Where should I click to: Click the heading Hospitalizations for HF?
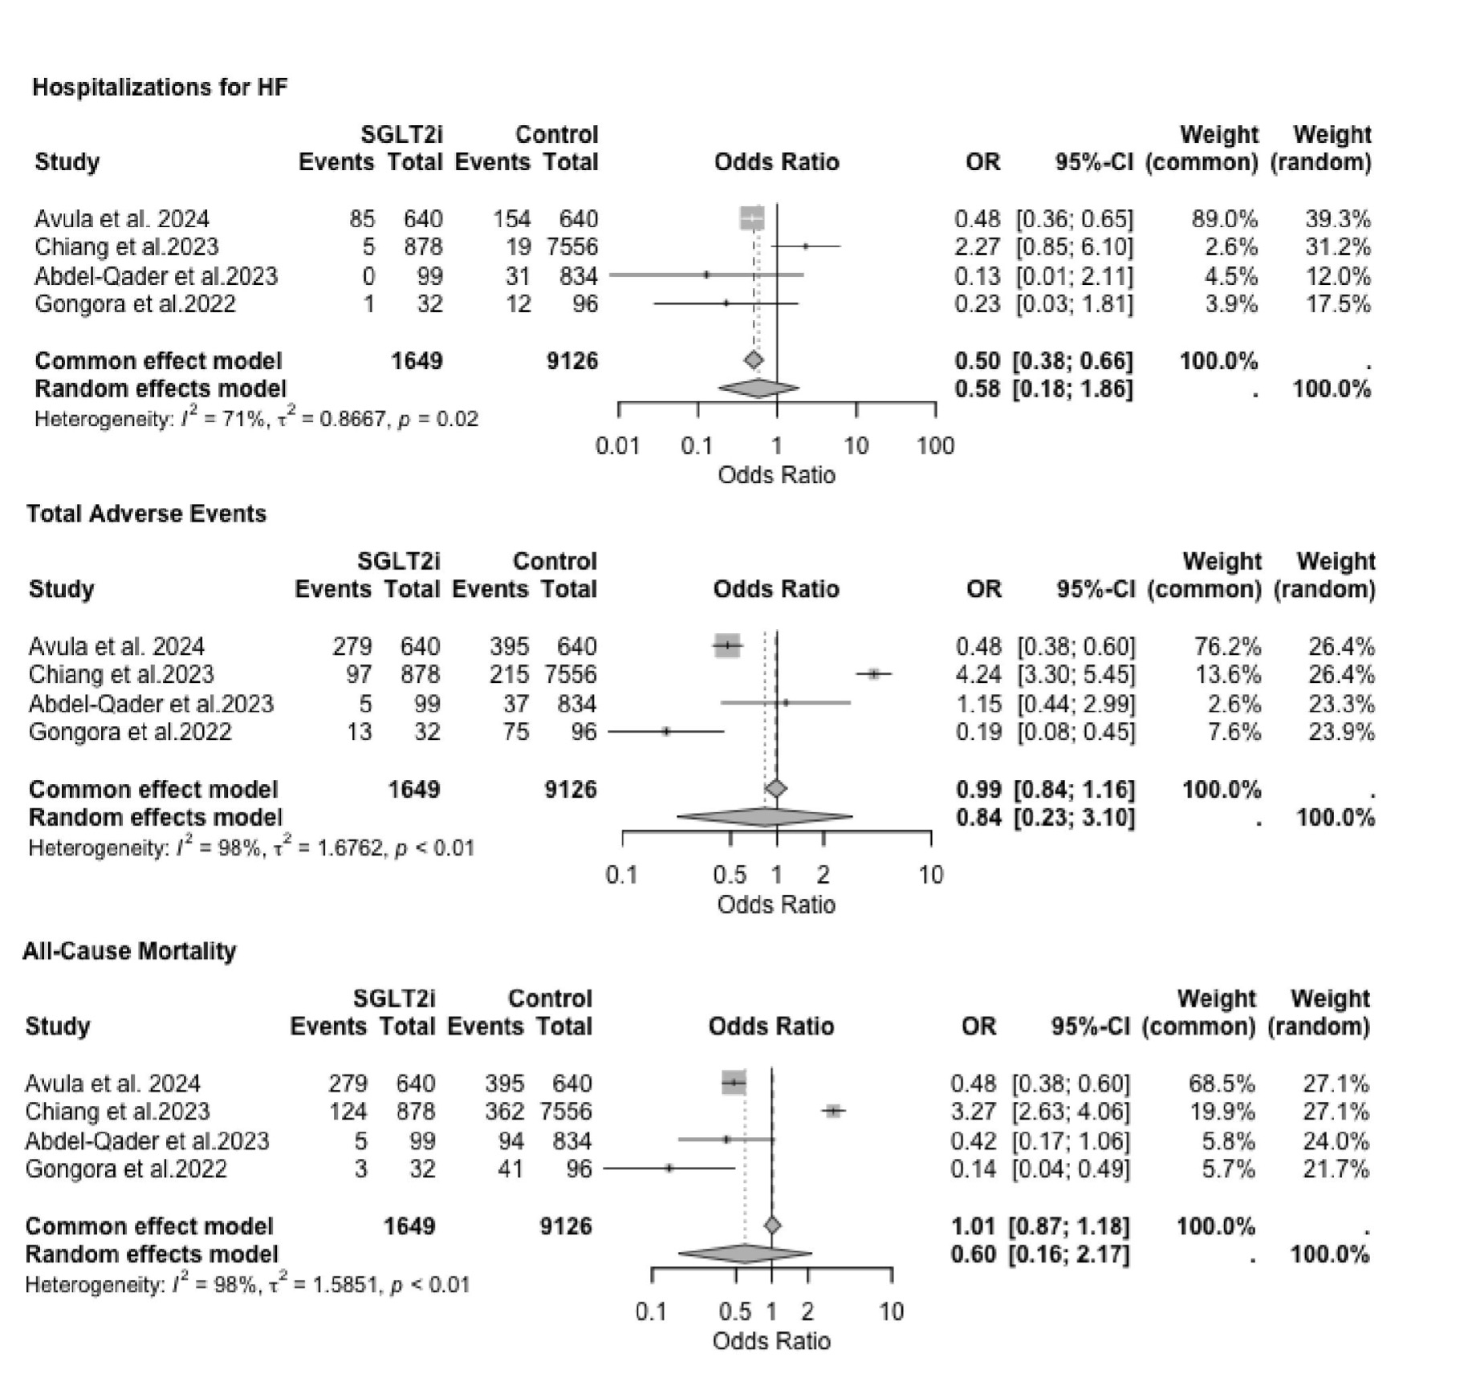(160, 87)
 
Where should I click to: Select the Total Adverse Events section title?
(146, 514)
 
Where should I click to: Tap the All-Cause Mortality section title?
(129, 951)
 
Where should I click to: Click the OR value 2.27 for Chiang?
(977, 247)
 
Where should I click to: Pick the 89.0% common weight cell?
(1224, 219)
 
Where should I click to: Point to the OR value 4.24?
(978, 675)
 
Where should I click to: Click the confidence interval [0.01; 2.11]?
(1075, 276)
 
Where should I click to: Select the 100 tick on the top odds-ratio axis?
(935, 446)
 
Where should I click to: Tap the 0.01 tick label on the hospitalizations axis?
(617, 446)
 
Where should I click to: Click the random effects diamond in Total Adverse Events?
(764, 818)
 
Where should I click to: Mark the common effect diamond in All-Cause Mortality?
(772, 1225)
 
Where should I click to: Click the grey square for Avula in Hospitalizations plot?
(752, 218)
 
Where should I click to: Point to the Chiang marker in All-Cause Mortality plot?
(833, 1112)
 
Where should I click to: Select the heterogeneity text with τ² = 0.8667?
(256, 419)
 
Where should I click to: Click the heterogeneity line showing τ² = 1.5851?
(247, 1285)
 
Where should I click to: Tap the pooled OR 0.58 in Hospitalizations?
(977, 389)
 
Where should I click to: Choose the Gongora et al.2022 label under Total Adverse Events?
(130, 732)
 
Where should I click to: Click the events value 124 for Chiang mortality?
(348, 1112)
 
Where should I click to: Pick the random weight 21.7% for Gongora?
(1336, 1168)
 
